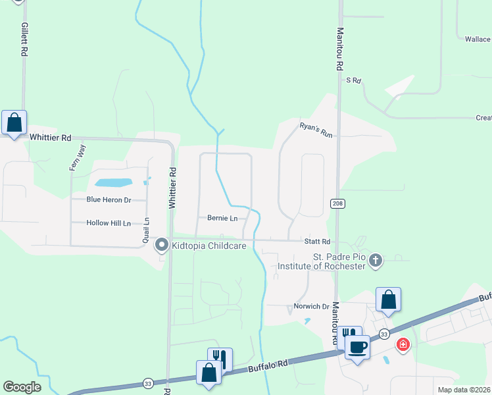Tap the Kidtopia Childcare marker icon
(161, 246)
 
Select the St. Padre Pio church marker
(375, 260)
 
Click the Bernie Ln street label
(222, 218)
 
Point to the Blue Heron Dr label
(109, 199)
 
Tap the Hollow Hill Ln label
(109, 223)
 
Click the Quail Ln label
(146, 231)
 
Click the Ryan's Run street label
(316, 130)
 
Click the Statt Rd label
(317, 242)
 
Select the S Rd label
(354, 80)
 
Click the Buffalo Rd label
(268, 366)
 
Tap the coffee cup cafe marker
(358, 346)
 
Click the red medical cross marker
(403, 344)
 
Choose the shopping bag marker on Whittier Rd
(14, 122)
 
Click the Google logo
(22, 387)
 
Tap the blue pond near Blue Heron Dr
(113, 182)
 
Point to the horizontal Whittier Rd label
(50, 138)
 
